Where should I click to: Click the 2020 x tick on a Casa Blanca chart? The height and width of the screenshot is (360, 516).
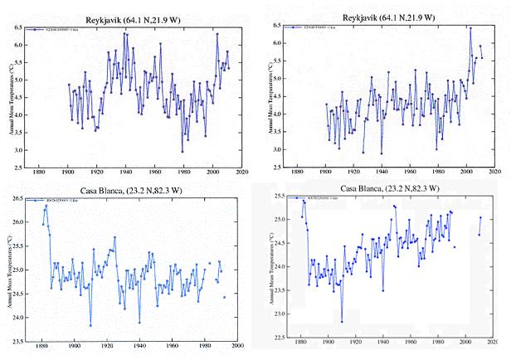tap(491, 343)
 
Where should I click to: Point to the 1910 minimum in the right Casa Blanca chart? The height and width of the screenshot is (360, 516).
tap(342, 321)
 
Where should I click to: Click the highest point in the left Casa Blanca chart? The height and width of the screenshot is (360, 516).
tap(46, 205)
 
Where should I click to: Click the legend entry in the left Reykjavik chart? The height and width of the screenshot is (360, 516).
tap(58, 29)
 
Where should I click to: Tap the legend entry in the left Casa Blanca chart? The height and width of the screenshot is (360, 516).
tap(58, 201)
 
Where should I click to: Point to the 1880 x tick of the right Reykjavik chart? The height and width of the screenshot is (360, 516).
tap(302, 173)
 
